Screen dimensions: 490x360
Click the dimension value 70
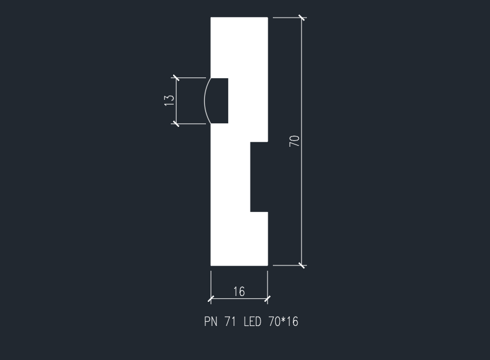click(x=295, y=141)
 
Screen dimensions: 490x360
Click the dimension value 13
click(x=169, y=100)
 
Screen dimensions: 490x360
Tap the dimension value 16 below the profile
click(x=239, y=291)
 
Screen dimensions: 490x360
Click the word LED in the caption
click(x=252, y=321)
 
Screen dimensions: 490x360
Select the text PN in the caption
click(x=211, y=321)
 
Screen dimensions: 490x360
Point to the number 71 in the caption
click(x=230, y=321)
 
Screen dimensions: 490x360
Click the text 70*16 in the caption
click(x=283, y=321)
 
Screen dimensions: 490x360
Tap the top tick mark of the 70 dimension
click(x=302, y=18)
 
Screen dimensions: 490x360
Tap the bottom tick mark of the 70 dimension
click(x=302, y=265)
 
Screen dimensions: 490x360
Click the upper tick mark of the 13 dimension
click(x=176, y=78)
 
